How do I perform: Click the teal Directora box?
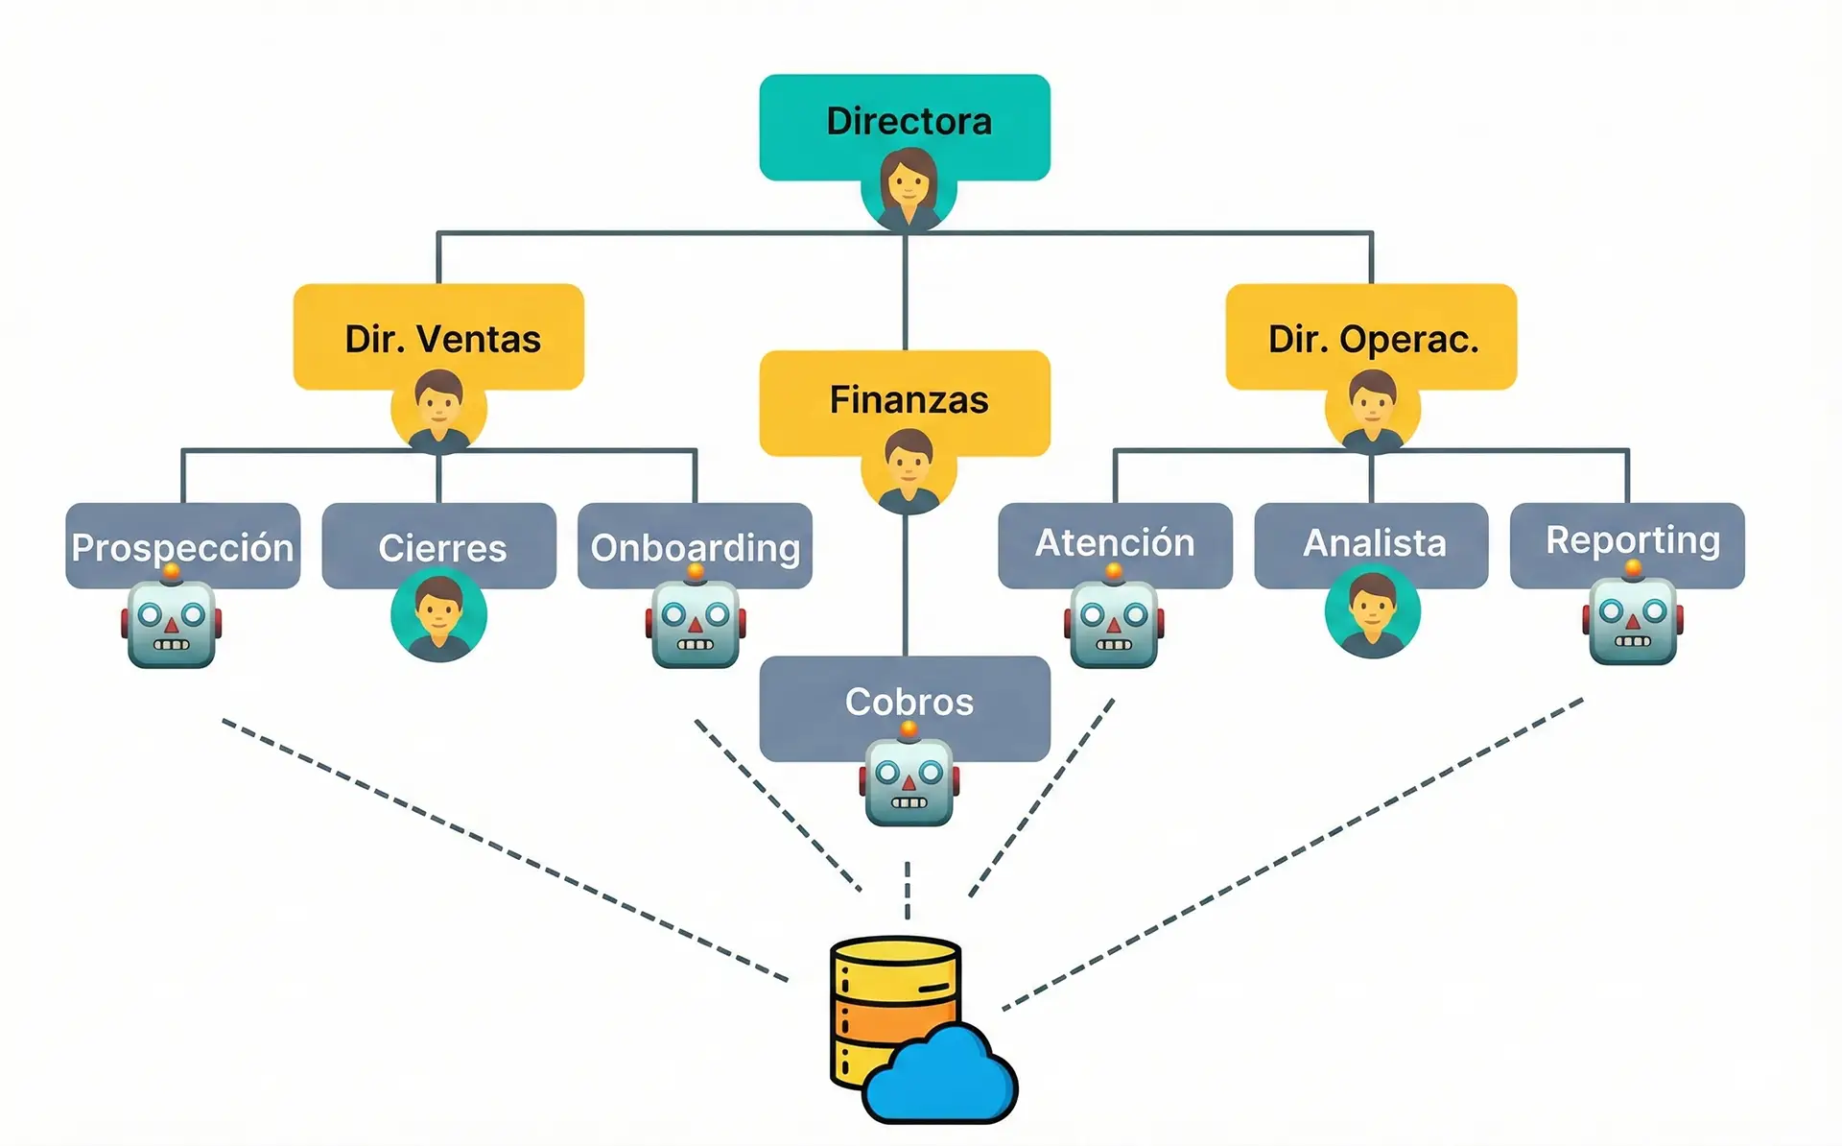tap(905, 115)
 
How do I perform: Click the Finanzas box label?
tap(909, 399)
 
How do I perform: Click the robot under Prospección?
tap(172, 625)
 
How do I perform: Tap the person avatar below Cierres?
tap(438, 615)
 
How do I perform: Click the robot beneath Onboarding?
tap(696, 625)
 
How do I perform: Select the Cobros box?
tap(905, 699)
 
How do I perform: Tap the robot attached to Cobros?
tap(909, 782)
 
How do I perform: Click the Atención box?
tap(1115, 542)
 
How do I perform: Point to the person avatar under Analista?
tap(1372, 611)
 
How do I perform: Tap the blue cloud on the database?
tap(940, 1075)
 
